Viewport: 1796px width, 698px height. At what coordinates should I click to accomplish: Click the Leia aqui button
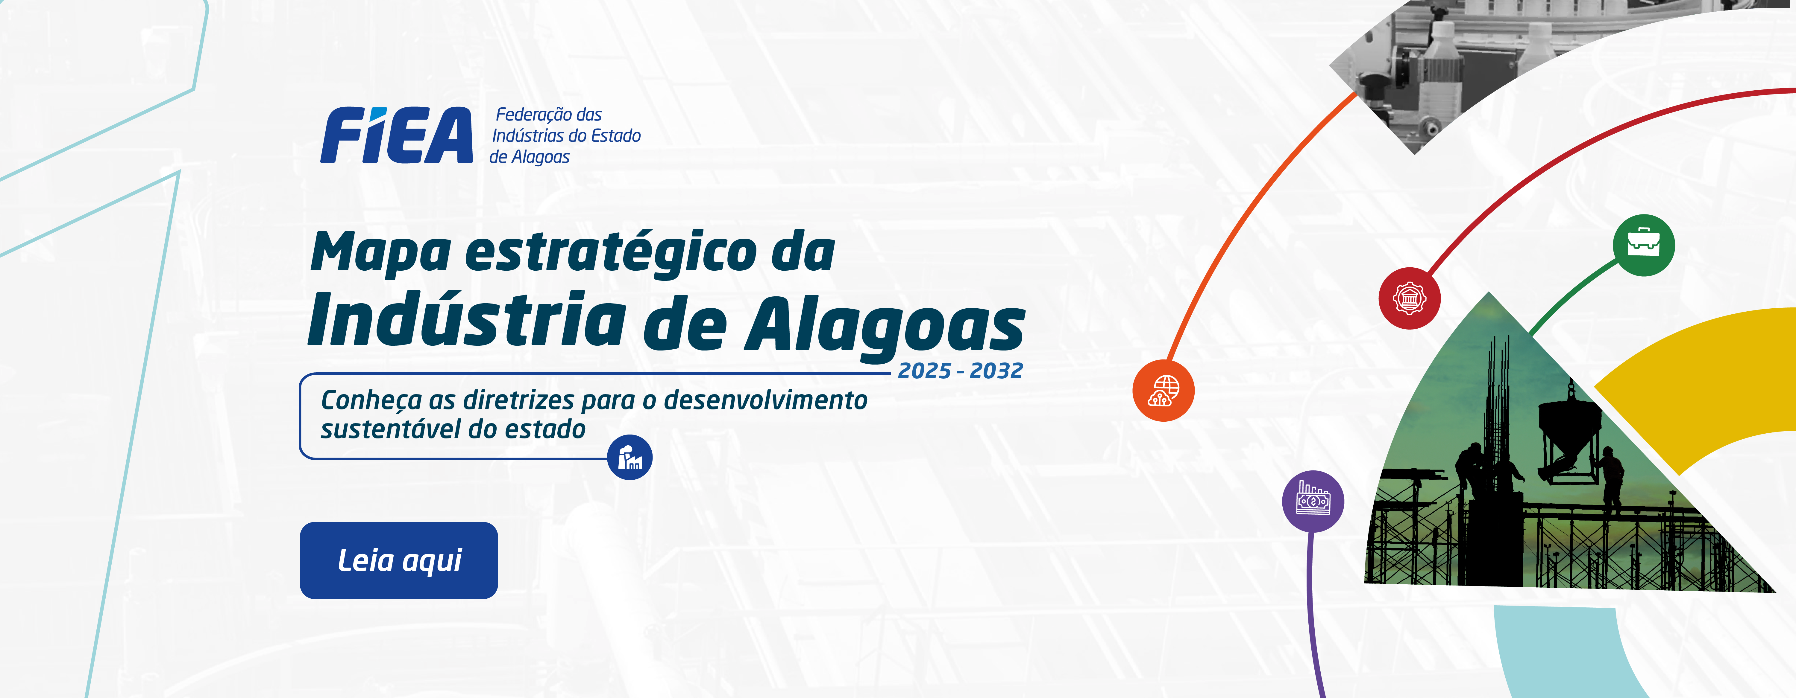tap(399, 560)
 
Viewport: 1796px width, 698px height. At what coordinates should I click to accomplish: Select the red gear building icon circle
tap(1409, 298)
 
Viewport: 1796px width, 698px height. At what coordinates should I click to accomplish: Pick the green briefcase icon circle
tap(1643, 245)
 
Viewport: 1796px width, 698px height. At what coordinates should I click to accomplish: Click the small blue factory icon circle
tap(629, 458)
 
